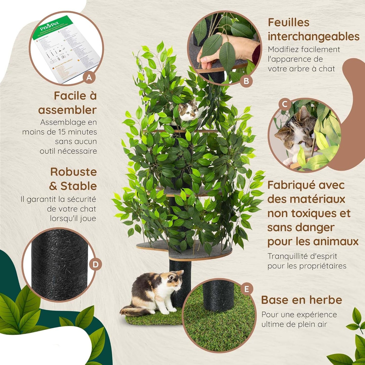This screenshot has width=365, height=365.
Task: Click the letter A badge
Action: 89,78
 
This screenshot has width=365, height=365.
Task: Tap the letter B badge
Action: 246,81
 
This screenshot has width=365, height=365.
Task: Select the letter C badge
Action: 285,104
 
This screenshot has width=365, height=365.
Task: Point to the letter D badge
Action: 95,264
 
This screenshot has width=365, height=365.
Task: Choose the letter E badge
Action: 247,289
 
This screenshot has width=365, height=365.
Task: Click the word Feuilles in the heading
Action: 288,22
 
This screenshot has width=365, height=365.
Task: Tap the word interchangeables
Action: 313,37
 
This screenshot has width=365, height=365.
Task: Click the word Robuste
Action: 74,172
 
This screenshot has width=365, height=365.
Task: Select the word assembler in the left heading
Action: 67,110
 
